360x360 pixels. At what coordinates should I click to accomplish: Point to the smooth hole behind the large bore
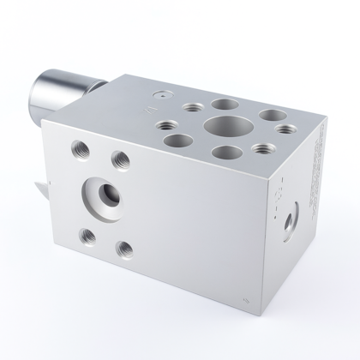coord(225,105)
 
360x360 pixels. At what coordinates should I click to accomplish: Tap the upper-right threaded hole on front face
coord(120,159)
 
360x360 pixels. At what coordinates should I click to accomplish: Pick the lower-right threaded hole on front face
coord(125,250)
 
